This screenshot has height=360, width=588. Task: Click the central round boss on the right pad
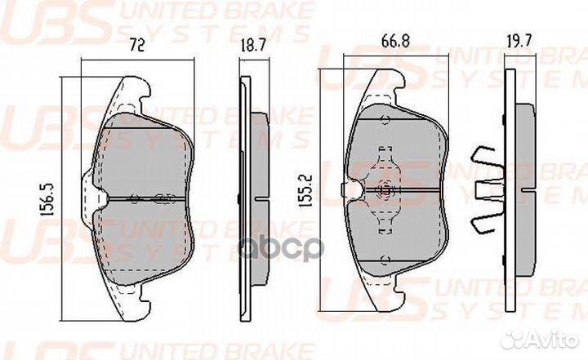[384, 190]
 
